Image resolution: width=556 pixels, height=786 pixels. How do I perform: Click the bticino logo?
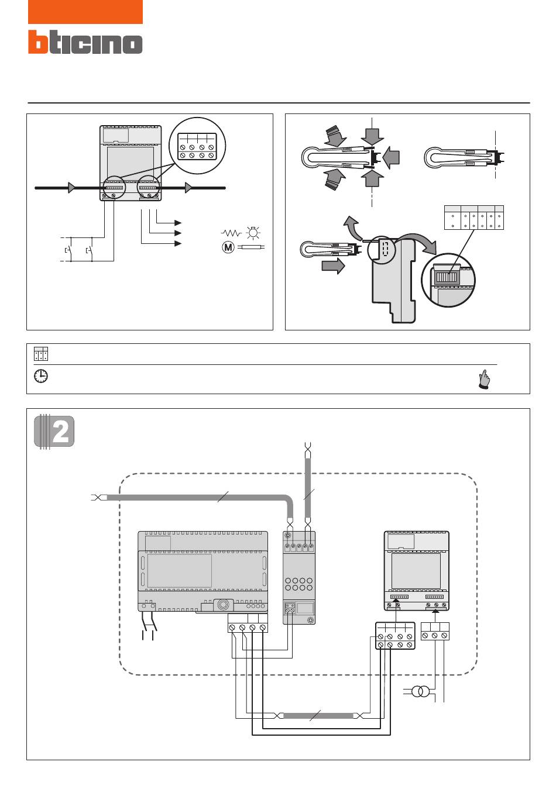point(85,42)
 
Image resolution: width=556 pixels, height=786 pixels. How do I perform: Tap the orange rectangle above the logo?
point(85,12)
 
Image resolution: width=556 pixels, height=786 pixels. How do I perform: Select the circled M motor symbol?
point(228,247)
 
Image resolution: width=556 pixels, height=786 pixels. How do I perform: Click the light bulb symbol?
point(253,232)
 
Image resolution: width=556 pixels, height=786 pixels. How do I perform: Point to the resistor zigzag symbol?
point(231,233)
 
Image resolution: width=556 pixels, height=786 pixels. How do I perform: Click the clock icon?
point(41,376)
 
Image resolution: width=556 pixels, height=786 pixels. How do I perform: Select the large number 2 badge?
point(54,431)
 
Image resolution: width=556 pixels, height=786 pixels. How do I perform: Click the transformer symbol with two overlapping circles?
point(420,692)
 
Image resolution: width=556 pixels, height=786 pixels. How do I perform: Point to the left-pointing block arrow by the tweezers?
point(392,158)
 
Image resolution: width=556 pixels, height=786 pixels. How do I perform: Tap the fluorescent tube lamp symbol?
point(251,247)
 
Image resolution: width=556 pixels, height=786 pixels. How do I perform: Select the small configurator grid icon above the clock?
point(41,354)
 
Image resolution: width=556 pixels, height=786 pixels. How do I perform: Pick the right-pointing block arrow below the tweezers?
point(333,266)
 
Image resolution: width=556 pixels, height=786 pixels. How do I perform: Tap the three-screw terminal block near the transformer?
point(435,631)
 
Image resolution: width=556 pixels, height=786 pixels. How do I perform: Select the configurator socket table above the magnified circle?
point(474,218)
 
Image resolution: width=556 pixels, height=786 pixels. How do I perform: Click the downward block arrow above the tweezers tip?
point(372,137)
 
